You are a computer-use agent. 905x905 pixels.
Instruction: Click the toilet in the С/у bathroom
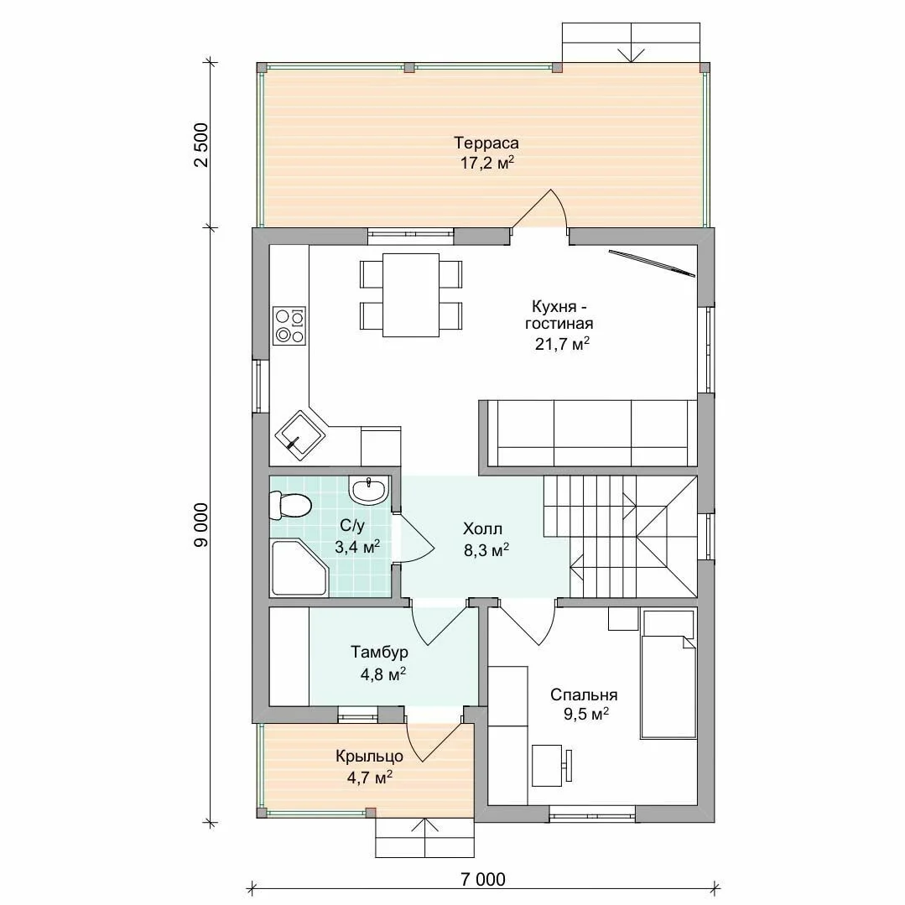290,506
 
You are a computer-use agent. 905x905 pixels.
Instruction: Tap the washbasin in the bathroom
367,491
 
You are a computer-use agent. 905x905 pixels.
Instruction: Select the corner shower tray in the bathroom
299,568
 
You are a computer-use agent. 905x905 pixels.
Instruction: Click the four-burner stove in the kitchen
289,326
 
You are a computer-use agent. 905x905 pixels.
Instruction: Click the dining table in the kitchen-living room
410,295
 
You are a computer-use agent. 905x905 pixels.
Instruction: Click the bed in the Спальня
668,674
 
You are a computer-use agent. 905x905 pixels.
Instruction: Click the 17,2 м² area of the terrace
486,163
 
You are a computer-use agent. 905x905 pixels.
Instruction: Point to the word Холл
482,528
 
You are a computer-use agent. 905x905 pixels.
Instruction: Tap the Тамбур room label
379,653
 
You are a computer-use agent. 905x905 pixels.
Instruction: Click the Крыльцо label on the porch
369,757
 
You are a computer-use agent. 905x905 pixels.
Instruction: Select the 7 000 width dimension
483,879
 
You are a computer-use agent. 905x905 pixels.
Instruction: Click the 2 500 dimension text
200,145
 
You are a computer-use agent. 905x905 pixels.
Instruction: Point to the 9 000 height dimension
200,525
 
